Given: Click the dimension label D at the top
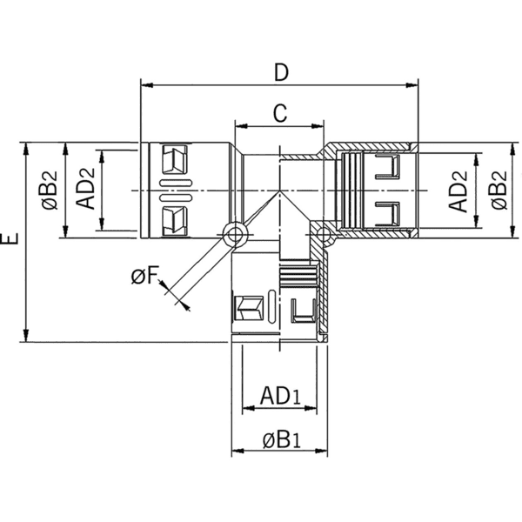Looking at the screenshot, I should pos(279,72).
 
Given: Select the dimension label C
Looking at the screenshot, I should pos(279,113).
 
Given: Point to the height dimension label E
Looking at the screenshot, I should pos(10,241).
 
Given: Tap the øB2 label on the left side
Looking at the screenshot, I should pos(50,190).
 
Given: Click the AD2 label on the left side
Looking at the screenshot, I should pos(85,190).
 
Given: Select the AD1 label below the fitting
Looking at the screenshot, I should pos(280,397).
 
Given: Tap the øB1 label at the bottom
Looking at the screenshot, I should pos(280,440).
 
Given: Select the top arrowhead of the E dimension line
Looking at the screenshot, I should pos(28,147).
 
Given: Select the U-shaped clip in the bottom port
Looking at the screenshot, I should pos(304,308).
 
